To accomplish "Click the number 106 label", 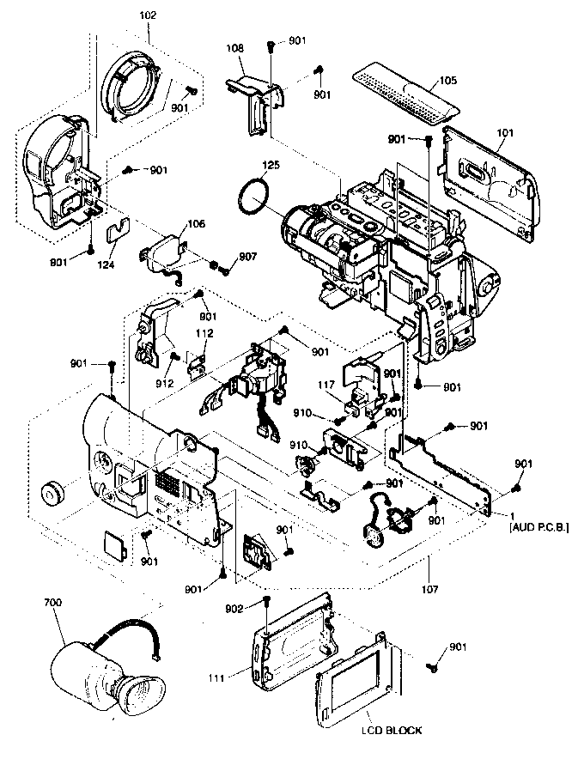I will [197, 223].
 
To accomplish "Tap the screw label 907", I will [247, 257].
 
